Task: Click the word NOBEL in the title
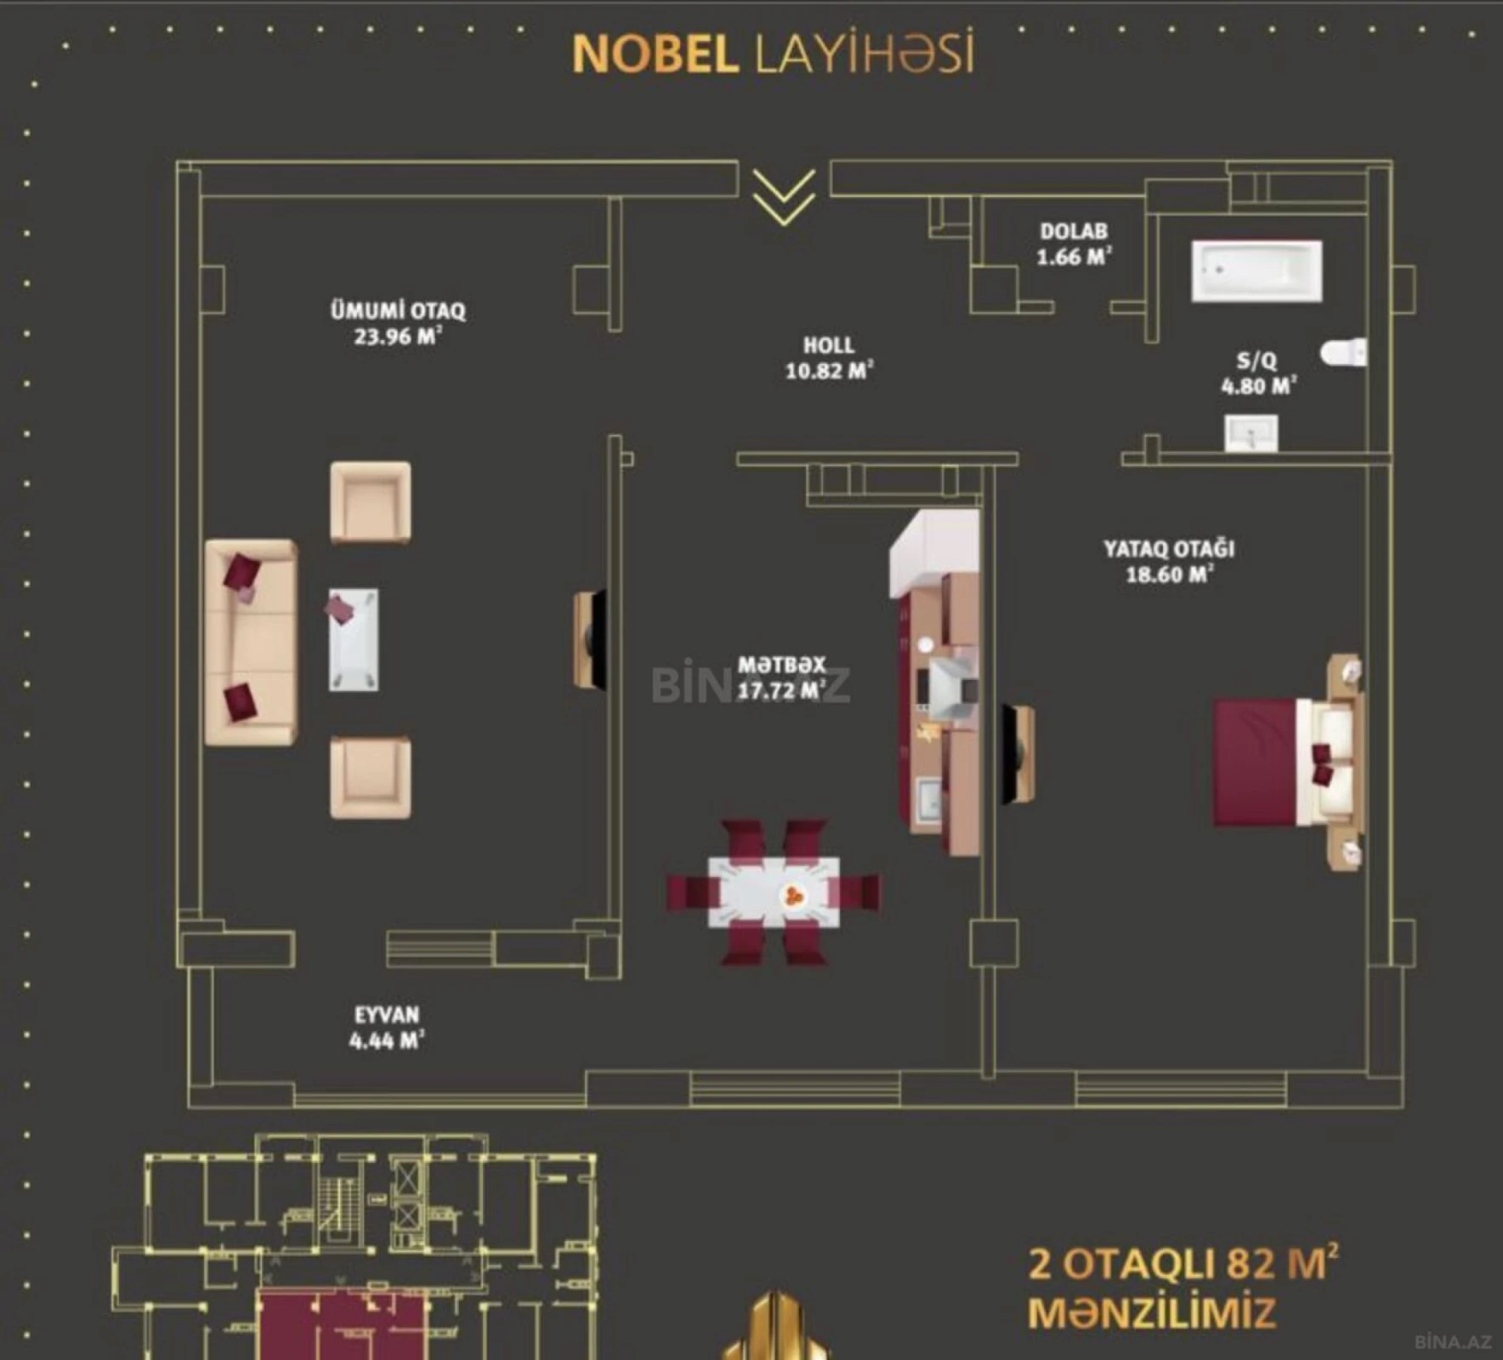coord(655,55)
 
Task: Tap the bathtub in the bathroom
coord(1256,271)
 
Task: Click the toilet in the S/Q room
coord(1343,352)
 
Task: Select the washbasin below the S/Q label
coord(1251,433)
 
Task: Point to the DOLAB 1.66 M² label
coord(1074,244)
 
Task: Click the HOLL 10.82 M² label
coord(829,358)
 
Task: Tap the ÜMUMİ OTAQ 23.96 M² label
coord(398,323)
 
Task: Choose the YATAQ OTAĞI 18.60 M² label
coord(1169,561)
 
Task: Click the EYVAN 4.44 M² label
coord(387,1027)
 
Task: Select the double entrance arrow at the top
coord(783,197)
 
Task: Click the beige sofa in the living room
coord(251,642)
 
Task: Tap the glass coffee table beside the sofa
coord(354,639)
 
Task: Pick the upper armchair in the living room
coord(371,501)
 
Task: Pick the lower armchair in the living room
coord(371,777)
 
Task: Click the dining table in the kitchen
coord(773,892)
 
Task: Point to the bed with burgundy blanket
coord(1284,762)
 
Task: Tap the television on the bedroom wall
coord(1018,753)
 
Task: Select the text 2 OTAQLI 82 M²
coord(1183,1264)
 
